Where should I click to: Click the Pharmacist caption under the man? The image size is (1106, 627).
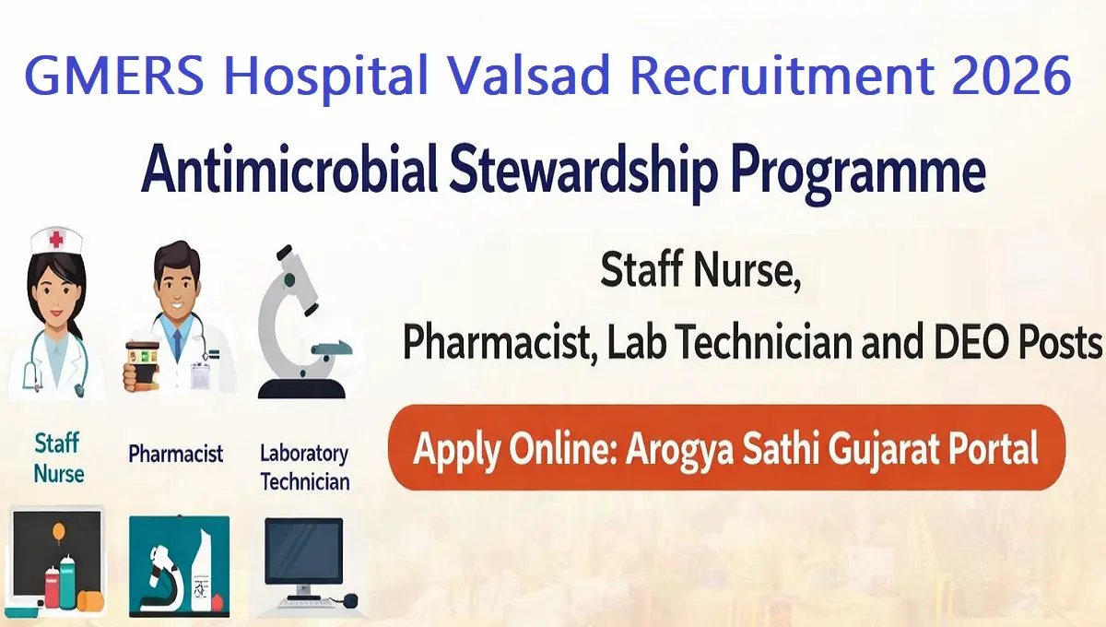click(176, 454)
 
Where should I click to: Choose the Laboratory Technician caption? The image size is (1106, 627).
click(304, 467)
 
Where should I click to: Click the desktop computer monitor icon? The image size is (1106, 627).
click(303, 553)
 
